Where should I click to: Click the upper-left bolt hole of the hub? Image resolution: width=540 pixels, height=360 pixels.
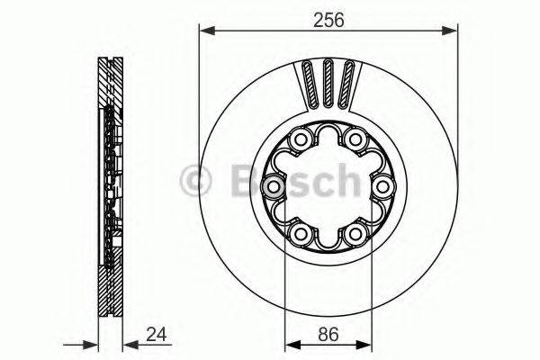click(x=299, y=139)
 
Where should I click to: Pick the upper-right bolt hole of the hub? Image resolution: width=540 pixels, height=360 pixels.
click(x=356, y=139)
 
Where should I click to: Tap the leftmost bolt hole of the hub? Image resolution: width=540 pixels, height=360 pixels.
click(x=271, y=186)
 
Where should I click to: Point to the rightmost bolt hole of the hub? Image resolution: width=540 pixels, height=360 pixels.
click(x=384, y=186)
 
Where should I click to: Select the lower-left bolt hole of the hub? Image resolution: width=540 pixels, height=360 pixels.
click(x=299, y=235)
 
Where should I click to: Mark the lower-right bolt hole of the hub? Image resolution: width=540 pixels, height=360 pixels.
click(x=356, y=235)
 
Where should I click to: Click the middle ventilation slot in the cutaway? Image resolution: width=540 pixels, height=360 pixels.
click(x=328, y=84)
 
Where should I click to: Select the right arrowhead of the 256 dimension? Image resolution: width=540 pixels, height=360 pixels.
click(x=451, y=31)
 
